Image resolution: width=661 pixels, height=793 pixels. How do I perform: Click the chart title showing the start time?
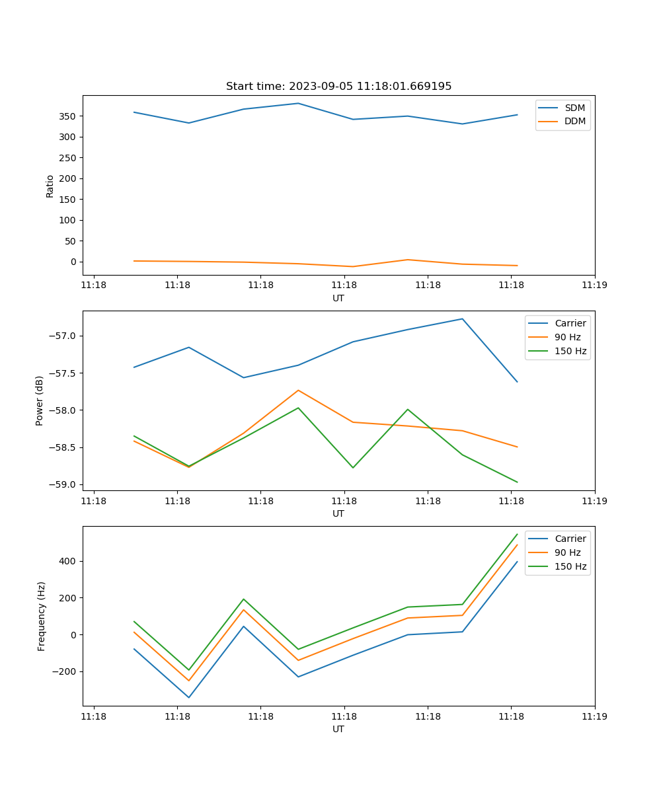pyautogui.click(x=338, y=87)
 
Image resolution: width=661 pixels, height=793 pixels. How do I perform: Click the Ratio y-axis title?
pyautogui.click(x=50, y=186)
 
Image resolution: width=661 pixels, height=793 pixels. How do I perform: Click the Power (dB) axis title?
pyautogui.click(x=40, y=400)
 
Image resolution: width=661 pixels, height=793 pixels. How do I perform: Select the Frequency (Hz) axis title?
pyautogui.click(x=42, y=616)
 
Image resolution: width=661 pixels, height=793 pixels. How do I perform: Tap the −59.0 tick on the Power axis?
pyautogui.click(x=63, y=484)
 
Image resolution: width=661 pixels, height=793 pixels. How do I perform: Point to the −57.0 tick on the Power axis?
pyautogui.click(x=63, y=336)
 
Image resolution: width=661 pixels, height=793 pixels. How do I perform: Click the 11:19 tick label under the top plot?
pyautogui.click(x=594, y=285)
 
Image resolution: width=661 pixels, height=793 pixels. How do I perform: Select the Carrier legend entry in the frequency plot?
pyautogui.click(x=570, y=539)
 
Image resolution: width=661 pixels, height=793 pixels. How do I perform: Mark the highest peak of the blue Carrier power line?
pyautogui.click(x=462, y=319)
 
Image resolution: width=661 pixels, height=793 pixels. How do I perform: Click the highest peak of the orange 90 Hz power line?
pyautogui.click(x=298, y=390)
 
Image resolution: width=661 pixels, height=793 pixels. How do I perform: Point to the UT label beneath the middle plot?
pyautogui.click(x=338, y=513)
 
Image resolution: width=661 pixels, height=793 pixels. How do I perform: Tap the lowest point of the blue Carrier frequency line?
pyautogui.click(x=188, y=697)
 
